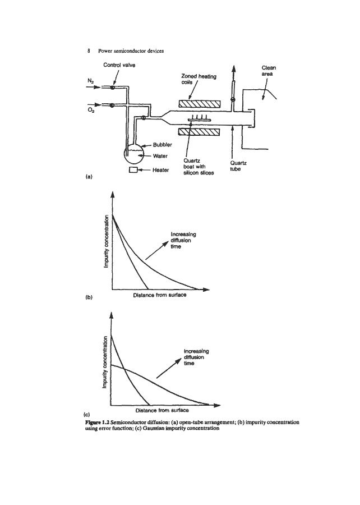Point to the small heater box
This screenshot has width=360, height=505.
[x=133, y=169]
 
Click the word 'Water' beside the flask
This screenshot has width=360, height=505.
[x=163, y=156]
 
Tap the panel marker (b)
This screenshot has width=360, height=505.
[x=89, y=295]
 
